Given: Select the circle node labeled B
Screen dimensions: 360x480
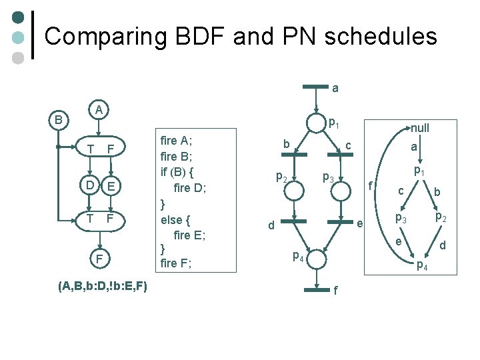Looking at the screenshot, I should click(x=58, y=121).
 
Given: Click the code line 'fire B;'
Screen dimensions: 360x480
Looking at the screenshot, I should click(x=177, y=156).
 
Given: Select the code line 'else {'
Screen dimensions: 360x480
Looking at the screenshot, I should click(x=176, y=219).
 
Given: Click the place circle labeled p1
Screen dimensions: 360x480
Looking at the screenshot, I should click(x=314, y=123).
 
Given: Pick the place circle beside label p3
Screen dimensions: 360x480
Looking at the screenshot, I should click(x=339, y=190).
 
